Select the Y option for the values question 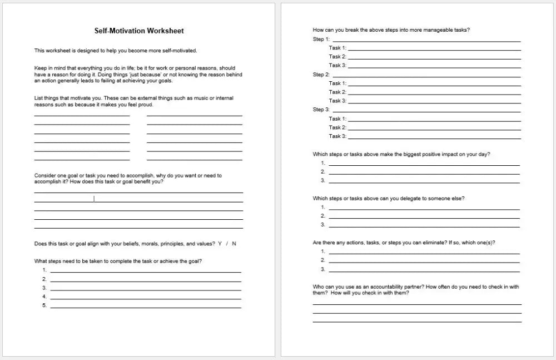pos(220,244)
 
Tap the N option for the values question pos(234,244)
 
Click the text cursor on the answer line pos(94,199)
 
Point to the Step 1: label pos(321,39)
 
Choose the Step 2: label pos(321,75)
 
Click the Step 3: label pos(321,110)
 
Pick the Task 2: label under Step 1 pos(337,57)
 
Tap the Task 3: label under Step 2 pos(337,101)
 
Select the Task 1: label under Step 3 pos(337,119)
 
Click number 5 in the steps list pos(44,305)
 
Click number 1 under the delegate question pos(322,207)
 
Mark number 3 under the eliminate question pos(322,269)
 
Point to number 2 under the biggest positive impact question pos(322,171)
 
